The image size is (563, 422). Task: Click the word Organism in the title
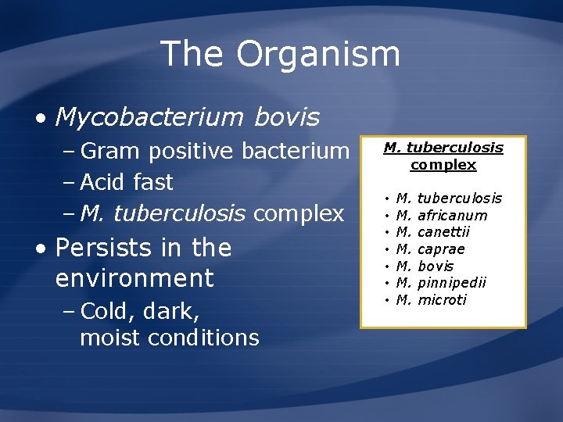318,55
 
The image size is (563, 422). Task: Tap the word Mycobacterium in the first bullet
149,117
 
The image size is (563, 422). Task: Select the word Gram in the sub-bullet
111,150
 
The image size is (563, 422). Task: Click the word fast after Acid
153,182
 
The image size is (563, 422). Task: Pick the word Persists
105,248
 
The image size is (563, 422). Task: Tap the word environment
134,278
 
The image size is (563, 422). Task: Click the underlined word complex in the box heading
443,165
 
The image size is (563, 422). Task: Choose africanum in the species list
453,216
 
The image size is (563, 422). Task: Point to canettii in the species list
444,232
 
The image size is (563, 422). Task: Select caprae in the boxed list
442,249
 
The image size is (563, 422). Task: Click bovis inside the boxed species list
436,266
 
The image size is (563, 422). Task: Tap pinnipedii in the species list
452,283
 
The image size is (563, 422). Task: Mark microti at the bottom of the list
442,300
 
